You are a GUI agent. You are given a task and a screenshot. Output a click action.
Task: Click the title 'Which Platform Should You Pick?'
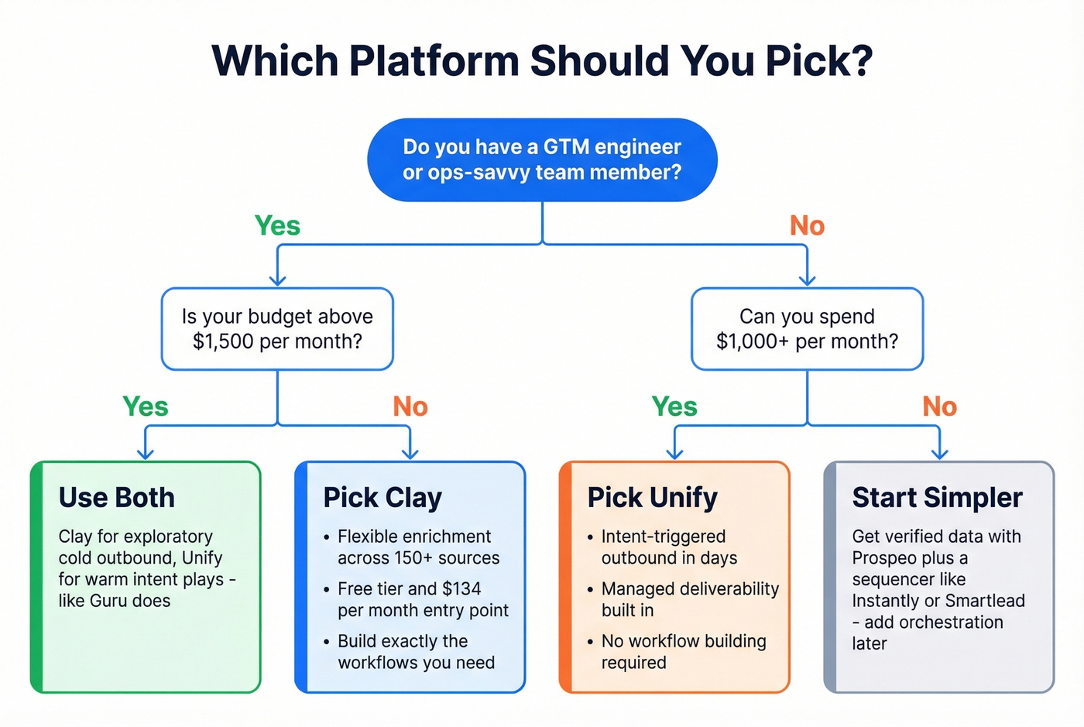pos(542,61)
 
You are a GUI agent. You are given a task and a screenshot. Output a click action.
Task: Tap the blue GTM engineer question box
pos(542,159)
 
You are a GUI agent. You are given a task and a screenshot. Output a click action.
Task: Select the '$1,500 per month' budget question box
pos(277,329)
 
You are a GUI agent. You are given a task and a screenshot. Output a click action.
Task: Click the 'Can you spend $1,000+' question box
pos(807,329)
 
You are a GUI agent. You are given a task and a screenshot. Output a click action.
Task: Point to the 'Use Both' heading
pos(117,498)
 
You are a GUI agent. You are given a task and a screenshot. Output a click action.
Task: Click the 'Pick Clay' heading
pos(382,498)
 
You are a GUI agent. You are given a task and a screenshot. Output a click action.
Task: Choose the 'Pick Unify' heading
pos(652,498)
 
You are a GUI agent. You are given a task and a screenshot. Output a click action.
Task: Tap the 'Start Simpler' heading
pos(937,498)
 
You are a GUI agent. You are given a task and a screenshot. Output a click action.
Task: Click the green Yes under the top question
pos(277,226)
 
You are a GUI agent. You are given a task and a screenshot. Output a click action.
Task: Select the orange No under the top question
pos(807,226)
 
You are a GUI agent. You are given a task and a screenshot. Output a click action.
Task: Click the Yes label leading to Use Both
pos(146,406)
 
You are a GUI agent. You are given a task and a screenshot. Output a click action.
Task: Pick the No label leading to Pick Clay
pos(410,406)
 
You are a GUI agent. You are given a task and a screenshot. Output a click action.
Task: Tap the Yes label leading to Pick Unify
pos(674,406)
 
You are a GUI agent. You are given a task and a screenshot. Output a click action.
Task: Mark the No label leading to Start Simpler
pos(939,406)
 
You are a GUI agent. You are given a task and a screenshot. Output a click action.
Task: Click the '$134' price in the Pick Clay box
pos(461,589)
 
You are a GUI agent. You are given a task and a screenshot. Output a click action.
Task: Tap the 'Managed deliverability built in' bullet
pos(689,599)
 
